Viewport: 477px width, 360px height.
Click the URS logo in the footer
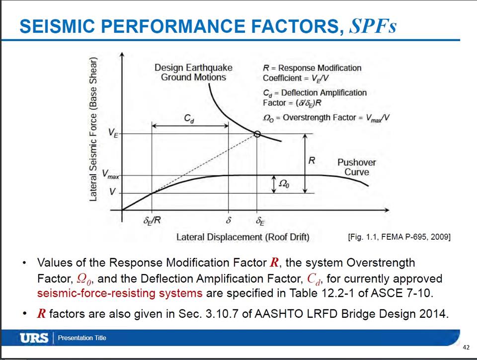click(x=34, y=338)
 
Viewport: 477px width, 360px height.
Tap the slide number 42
click(x=466, y=347)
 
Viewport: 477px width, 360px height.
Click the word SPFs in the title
click(x=373, y=26)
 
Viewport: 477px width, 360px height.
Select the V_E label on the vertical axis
click(x=113, y=133)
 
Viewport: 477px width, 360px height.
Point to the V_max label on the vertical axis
click(x=111, y=174)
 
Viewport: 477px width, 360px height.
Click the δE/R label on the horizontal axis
click(x=151, y=221)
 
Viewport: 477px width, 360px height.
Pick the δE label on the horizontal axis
click(x=259, y=221)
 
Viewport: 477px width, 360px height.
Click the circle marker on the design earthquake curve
click(x=257, y=134)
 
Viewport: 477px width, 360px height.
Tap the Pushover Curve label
click(x=356, y=167)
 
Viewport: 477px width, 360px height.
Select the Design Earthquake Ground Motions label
click(x=193, y=72)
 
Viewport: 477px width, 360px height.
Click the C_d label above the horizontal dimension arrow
click(x=189, y=119)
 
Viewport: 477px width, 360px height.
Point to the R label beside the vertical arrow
click(x=312, y=161)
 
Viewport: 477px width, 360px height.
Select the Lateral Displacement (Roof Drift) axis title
click(x=242, y=237)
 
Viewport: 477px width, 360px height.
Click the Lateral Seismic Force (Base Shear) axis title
click(x=93, y=128)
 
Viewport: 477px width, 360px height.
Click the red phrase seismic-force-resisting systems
click(x=120, y=292)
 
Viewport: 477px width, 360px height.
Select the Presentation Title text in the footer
click(x=82, y=338)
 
